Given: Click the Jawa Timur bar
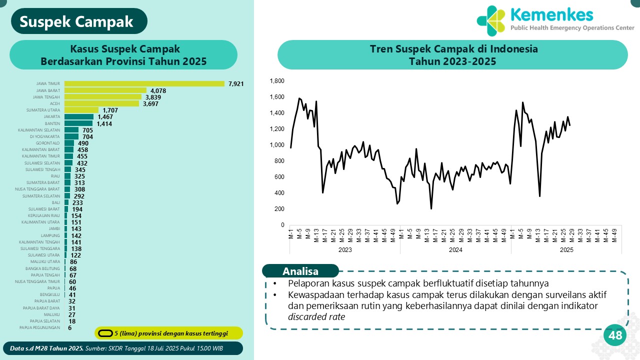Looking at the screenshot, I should [x=144, y=83].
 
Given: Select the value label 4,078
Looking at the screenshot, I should [x=158, y=90].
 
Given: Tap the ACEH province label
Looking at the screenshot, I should [x=55, y=103].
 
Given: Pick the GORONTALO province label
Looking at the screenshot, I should [x=48, y=143].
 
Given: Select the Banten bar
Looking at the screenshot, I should [x=78, y=123].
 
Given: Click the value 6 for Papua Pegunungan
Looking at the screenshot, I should [x=70, y=327].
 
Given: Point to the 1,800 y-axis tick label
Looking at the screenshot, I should [x=277, y=81].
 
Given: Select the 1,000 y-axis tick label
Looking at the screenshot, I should [x=277, y=145].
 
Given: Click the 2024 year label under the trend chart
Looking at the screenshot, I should [x=455, y=249].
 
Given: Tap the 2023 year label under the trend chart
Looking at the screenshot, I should [x=345, y=249].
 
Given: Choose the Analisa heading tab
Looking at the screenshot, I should [x=300, y=271].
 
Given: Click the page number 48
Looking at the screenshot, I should [x=615, y=335].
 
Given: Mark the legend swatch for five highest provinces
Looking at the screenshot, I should [x=105, y=333].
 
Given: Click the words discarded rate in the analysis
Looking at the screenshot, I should [x=316, y=316].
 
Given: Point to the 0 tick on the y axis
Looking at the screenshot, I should [x=282, y=225].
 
